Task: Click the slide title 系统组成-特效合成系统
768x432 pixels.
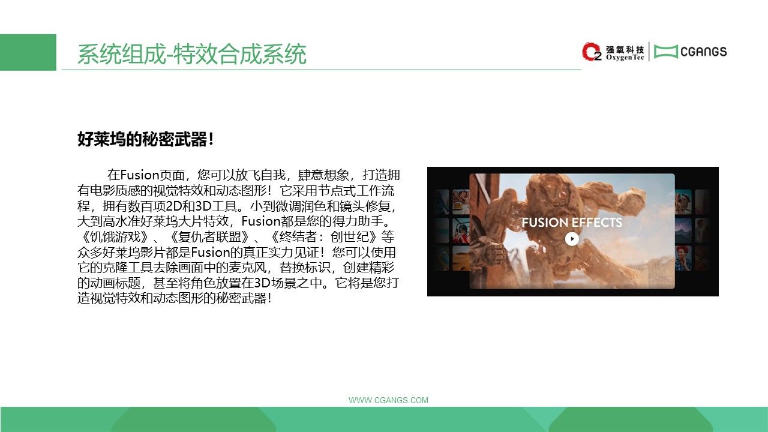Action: pyautogui.click(x=191, y=54)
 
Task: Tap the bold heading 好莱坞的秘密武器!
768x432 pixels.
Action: pyautogui.click(x=146, y=139)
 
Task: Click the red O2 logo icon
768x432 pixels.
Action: pyautogui.click(x=592, y=52)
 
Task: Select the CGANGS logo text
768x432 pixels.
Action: pyautogui.click(x=703, y=52)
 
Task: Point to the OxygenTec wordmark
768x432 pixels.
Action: pyautogui.click(x=625, y=58)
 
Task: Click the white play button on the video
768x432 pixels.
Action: pyautogui.click(x=572, y=239)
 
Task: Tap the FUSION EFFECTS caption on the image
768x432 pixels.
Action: pyautogui.click(x=572, y=222)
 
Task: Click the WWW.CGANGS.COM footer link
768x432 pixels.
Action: pyautogui.click(x=388, y=400)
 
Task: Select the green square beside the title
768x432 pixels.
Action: pyautogui.click(x=28, y=52)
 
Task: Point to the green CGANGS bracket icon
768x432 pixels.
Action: pyautogui.click(x=666, y=52)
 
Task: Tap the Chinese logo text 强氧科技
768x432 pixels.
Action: pyautogui.click(x=625, y=49)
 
